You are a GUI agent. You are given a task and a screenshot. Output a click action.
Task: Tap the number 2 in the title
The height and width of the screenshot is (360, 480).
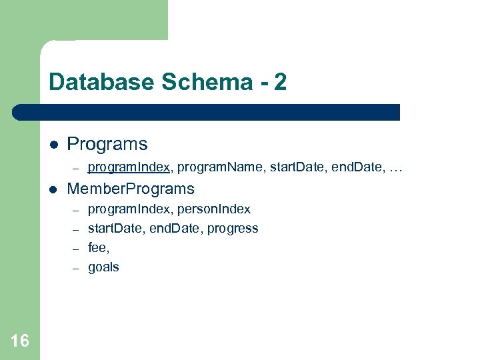[x=280, y=82]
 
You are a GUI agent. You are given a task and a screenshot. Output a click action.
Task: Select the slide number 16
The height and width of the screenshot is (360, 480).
[x=20, y=341]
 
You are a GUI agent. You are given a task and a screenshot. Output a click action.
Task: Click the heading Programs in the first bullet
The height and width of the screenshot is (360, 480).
[x=107, y=144]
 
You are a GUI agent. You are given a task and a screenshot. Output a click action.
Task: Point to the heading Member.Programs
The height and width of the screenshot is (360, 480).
[x=131, y=189]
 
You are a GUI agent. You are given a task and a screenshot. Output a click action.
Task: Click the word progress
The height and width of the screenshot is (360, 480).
[x=233, y=229]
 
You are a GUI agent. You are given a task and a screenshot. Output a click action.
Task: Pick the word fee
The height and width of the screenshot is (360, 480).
[x=98, y=248]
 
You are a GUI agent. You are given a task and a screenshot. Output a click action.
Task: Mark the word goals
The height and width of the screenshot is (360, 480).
[x=103, y=267]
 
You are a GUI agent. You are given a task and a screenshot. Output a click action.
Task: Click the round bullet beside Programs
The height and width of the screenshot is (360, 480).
[x=54, y=145]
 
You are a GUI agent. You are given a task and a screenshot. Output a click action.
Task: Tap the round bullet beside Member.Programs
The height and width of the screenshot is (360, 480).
[x=54, y=189]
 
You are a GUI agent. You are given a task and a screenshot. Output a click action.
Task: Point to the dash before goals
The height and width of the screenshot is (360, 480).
[x=76, y=268]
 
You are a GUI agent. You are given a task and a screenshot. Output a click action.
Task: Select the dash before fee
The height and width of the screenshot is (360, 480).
[x=76, y=249]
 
